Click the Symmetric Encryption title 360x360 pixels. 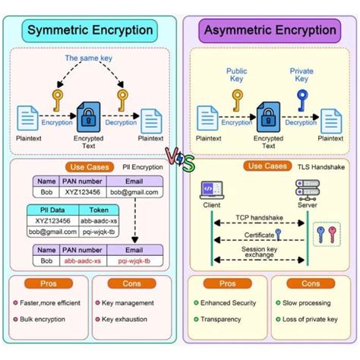90,31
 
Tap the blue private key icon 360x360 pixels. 302,97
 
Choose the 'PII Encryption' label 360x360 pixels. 142,166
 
